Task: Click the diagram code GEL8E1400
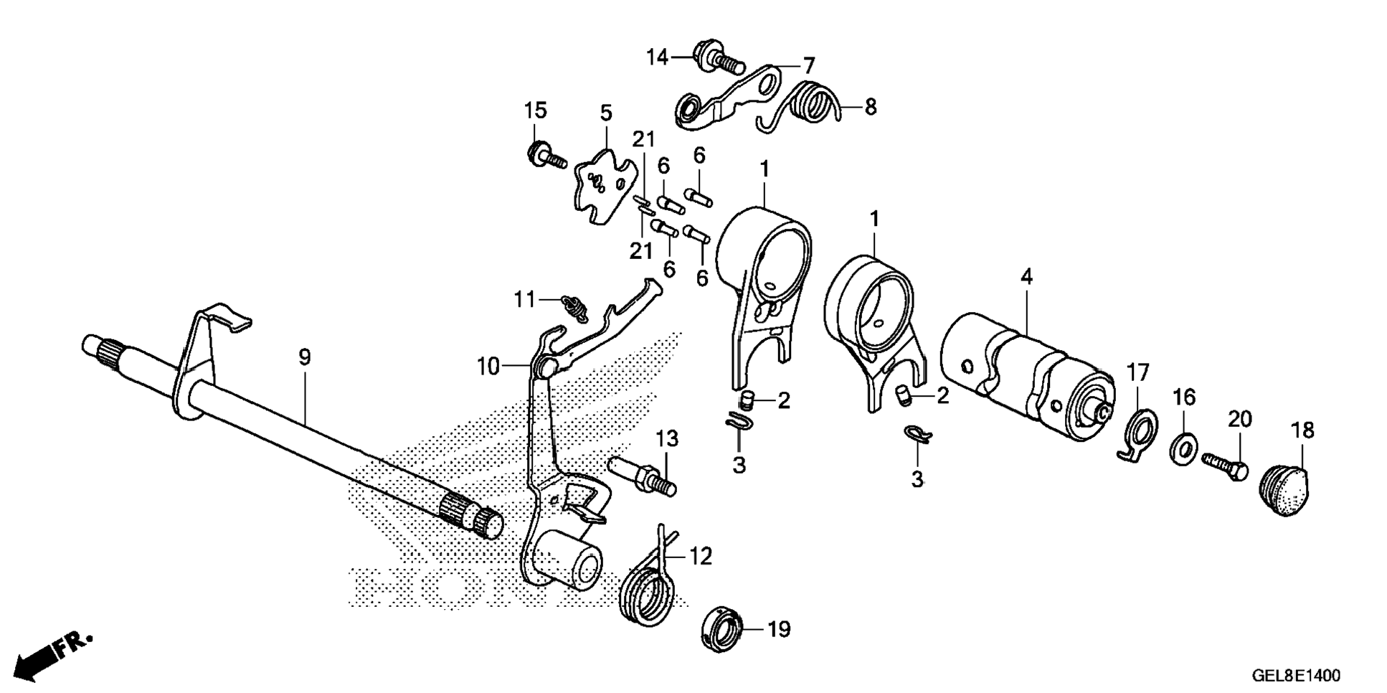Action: tap(1295, 675)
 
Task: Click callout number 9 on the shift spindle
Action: tap(305, 357)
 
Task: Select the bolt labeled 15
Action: tap(546, 156)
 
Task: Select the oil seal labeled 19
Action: tap(723, 629)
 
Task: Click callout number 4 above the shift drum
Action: tap(1026, 276)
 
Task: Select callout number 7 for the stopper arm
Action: tap(808, 66)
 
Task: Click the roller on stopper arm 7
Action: tap(690, 110)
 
